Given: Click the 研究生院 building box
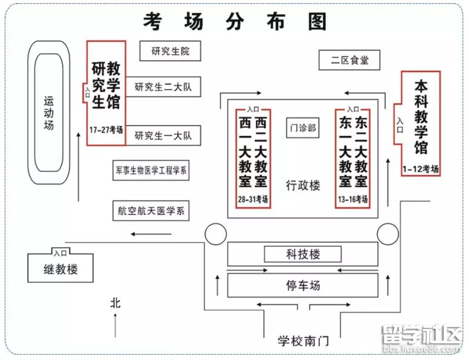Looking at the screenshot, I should [x=170, y=51].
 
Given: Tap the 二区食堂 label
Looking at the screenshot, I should [x=349, y=60].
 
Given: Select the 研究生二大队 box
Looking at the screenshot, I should [x=163, y=87].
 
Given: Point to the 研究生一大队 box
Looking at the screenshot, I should [x=163, y=135].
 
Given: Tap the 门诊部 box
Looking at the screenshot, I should [x=303, y=127].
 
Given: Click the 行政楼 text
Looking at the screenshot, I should [x=303, y=185].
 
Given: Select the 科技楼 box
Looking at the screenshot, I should [x=303, y=254].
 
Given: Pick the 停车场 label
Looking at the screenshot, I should [x=303, y=285].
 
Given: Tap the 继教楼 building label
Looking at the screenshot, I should [x=61, y=270].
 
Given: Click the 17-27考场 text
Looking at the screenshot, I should [x=106, y=130].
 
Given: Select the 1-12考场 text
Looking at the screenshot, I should [x=420, y=169].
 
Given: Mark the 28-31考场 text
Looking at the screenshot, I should [x=253, y=199].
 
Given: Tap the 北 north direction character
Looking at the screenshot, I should [x=115, y=303].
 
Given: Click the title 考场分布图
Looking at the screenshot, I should [x=235, y=21].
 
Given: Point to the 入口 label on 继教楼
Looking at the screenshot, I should [x=60, y=253].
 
